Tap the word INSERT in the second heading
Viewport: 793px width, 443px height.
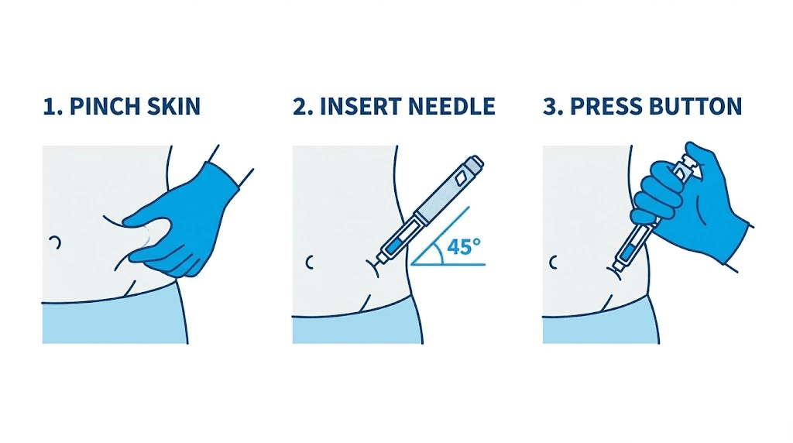[355, 107]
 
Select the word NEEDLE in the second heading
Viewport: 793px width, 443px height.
[450, 107]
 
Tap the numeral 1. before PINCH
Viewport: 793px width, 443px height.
[53, 107]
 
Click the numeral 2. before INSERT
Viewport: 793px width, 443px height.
[303, 107]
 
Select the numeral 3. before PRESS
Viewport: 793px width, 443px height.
[553, 107]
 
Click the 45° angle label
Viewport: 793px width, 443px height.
[463, 249]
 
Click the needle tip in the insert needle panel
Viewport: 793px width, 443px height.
[373, 268]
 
